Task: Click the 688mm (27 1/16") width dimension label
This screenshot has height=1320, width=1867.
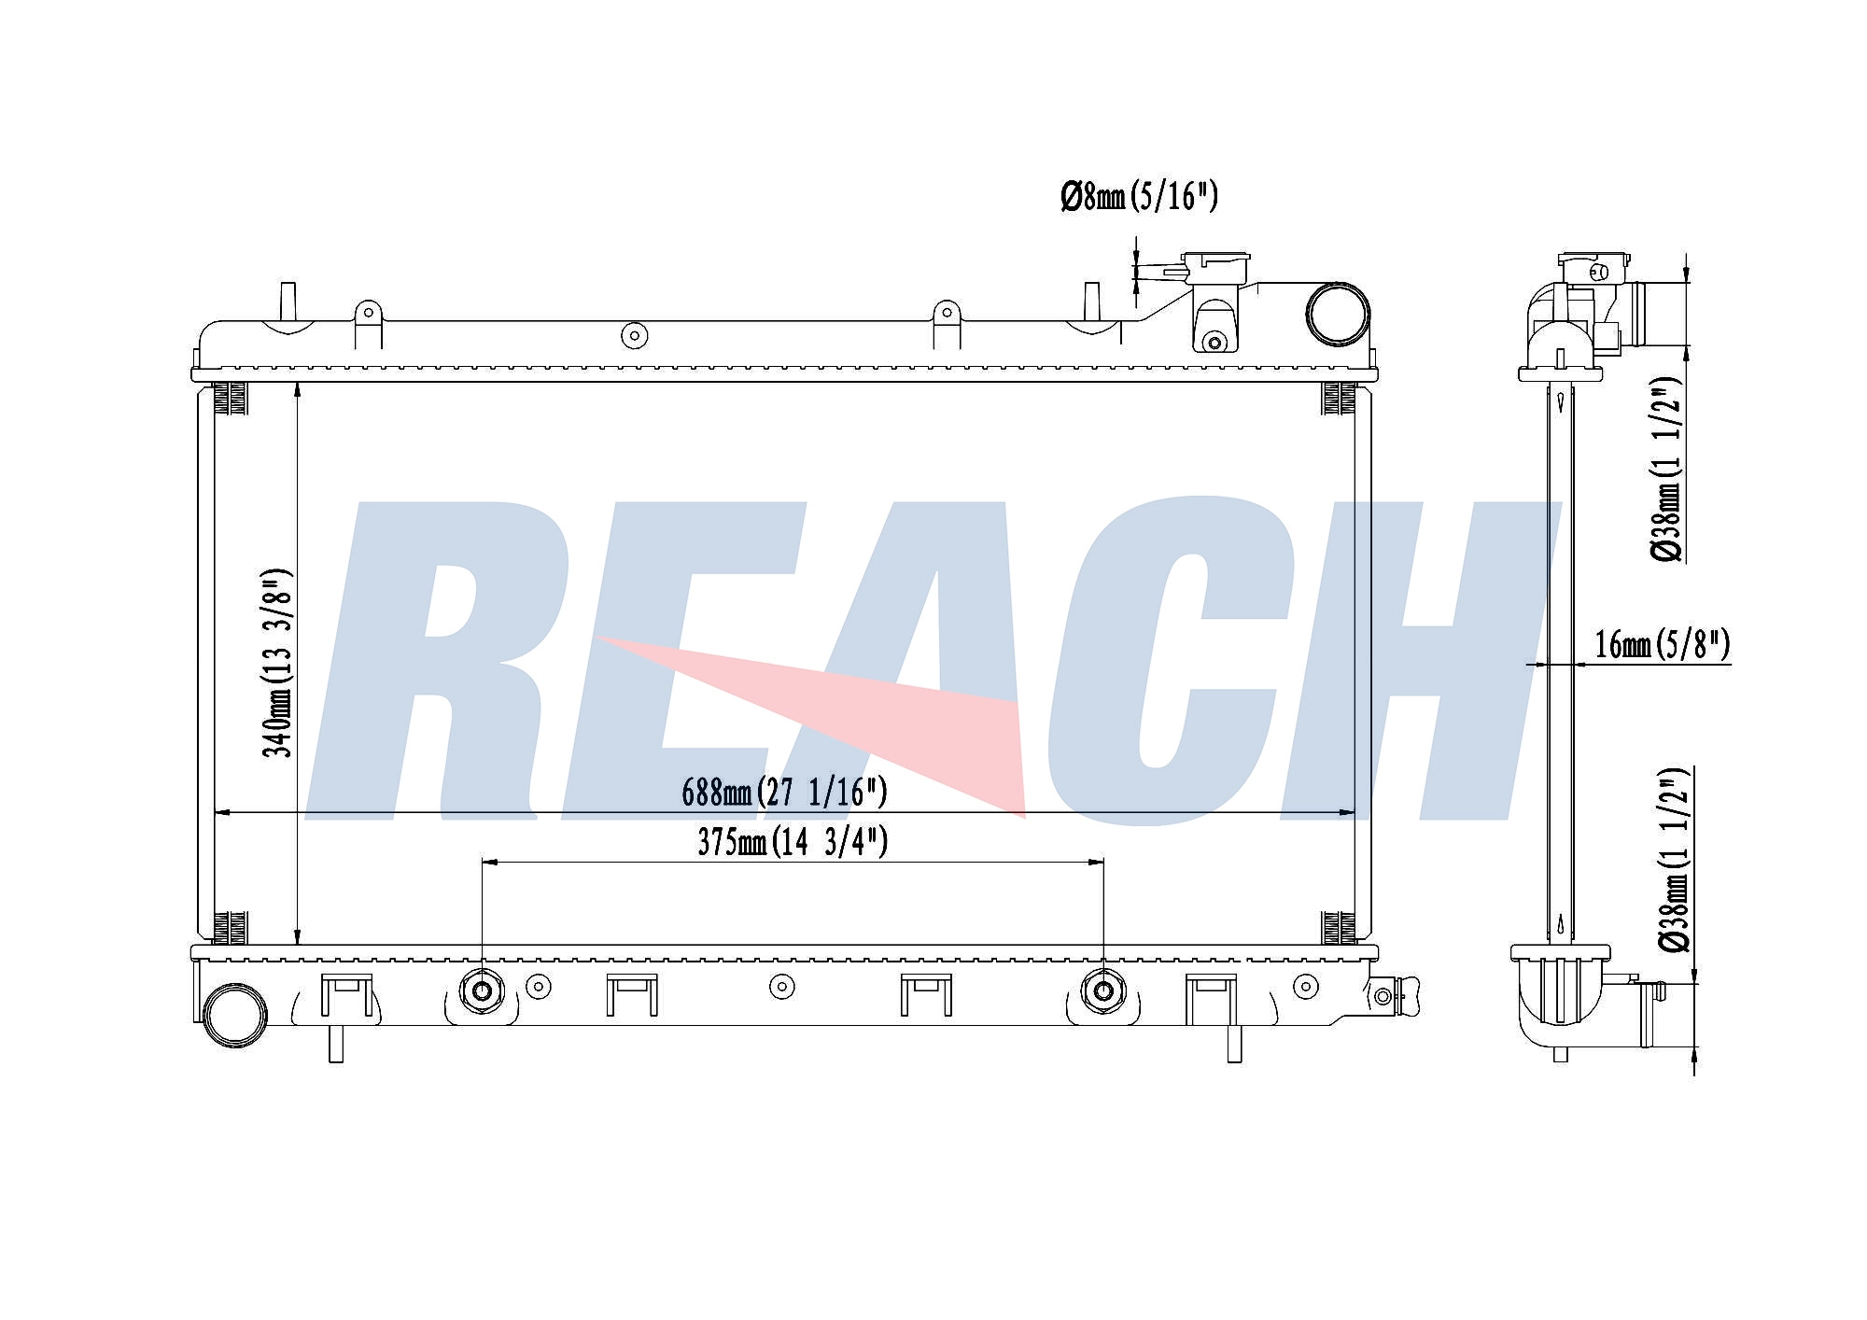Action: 784,793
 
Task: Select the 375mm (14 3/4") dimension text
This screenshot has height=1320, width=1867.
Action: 793,842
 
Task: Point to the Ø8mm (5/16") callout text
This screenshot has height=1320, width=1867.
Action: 1139,197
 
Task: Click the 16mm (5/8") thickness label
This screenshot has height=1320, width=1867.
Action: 1663,644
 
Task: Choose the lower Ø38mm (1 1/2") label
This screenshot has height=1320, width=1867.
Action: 1675,860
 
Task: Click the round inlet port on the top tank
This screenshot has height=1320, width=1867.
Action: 1337,313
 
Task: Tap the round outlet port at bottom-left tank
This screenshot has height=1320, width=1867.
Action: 234,1015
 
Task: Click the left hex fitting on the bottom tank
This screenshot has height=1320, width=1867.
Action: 482,991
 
